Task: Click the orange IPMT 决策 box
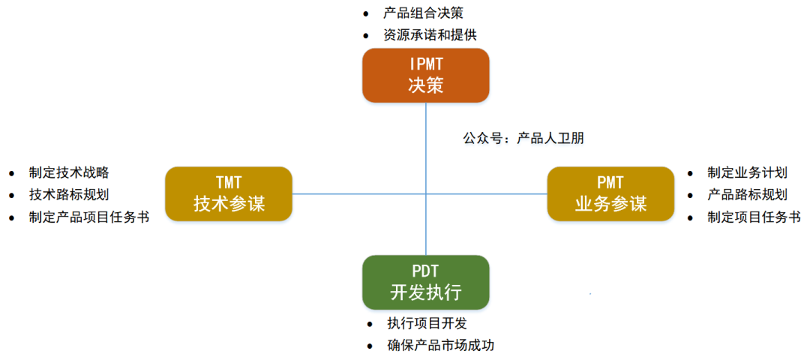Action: pyautogui.click(x=425, y=75)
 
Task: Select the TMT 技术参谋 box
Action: pyautogui.click(x=229, y=193)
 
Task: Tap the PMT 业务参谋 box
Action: pyautogui.click(x=610, y=193)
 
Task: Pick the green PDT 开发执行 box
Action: pyautogui.click(x=425, y=282)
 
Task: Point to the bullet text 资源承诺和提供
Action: pyautogui.click(x=430, y=34)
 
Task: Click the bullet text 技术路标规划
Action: pyautogui.click(x=69, y=195)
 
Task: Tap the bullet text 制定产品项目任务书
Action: pyautogui.click(x=88, y=217)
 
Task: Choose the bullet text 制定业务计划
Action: pyautogui.click(x=747, y=172)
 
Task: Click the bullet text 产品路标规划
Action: pyautogui.click(x=747, y=195)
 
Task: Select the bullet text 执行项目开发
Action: pyautogui.click(x=427, y=324)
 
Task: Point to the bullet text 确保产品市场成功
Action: pyautogui.click(x=440, y=346)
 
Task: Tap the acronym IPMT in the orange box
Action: pyautogui.click(x=425, y=64)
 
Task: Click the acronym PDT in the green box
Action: pyautogui.click(x=425, y=271)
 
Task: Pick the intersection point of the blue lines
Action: pyautogui.click(x=425, y=193)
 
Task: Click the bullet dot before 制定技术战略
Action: pyautogui.click(x=11, y=173)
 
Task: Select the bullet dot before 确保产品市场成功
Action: pyautogui.click(x=370, y=346)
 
